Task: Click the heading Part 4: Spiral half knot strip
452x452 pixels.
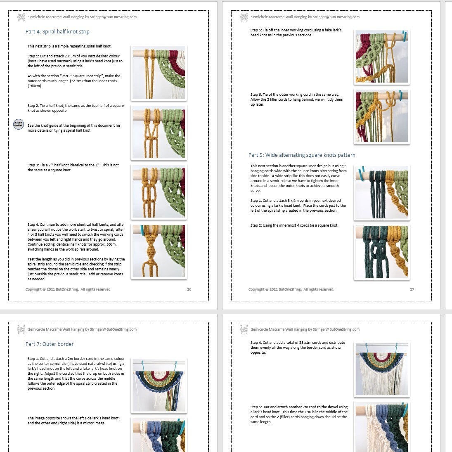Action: [57, 32]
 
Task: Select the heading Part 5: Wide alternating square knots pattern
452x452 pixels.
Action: [302, 155]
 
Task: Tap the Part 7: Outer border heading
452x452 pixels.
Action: [49, 344]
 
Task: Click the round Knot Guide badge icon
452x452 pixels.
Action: [19, 124]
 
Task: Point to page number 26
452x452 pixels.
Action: [189, 289]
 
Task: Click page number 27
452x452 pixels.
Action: [412, 289]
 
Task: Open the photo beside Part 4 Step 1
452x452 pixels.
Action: [159, 73]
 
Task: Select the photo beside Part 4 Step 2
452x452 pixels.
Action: [159, 133]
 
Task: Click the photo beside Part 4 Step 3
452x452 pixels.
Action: [159, 192]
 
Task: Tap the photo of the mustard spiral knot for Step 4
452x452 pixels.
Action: [159, 251]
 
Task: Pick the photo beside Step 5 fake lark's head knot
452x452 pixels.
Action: [382, 57]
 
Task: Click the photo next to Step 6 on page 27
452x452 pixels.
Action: [382, 116]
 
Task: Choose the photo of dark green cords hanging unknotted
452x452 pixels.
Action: [382, 192]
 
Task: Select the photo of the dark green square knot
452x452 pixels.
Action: [382, 252]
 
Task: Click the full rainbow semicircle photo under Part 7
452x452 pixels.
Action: [159, 386]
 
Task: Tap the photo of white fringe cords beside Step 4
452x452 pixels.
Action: [382, 369]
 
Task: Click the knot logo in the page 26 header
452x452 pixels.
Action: [21, 17]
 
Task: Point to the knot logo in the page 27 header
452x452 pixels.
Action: [244, 17]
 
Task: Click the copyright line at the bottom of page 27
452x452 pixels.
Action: [291, 289]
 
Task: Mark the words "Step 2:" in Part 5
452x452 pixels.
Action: [256, 225]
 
